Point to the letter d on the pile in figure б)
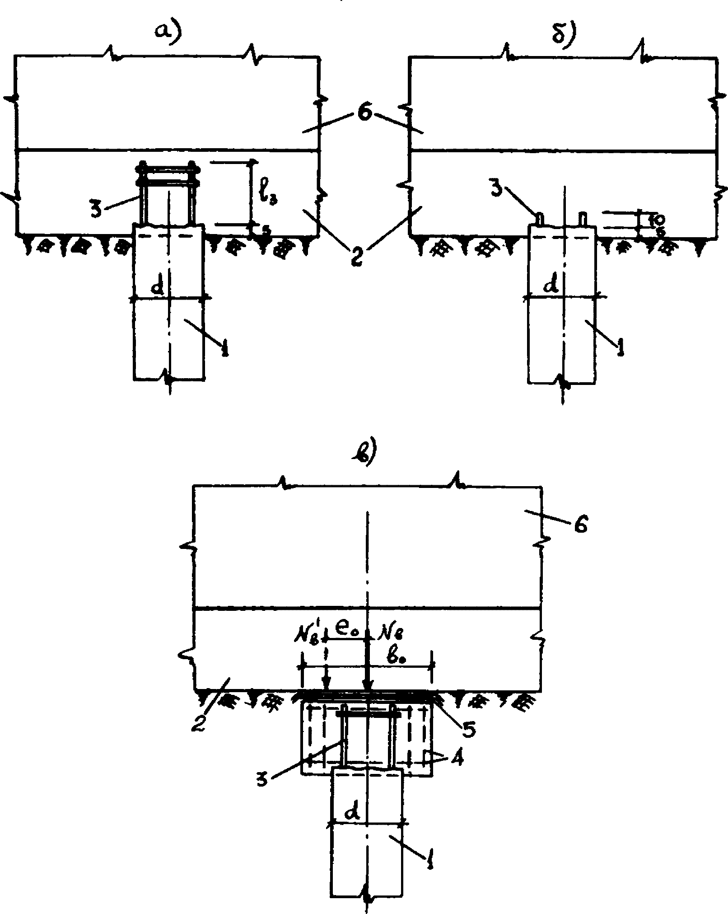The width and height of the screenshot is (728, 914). pyautogui.click(x=552, y=286)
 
